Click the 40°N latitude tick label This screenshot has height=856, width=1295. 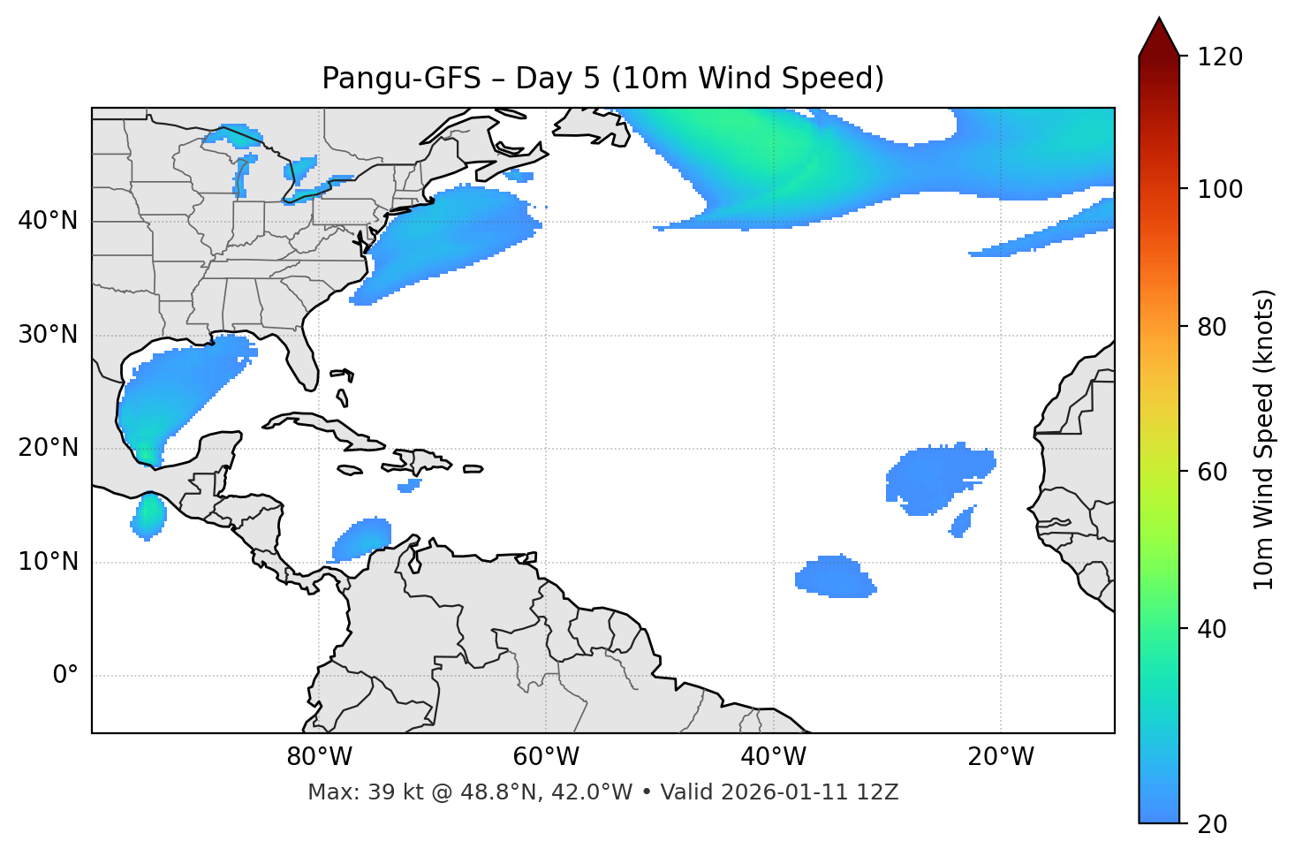(x=48, y=221)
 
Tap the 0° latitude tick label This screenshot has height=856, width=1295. (x=65, y=676)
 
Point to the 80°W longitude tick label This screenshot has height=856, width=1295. (x=319, y=757)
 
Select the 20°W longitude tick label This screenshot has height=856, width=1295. (x=1001, y=757)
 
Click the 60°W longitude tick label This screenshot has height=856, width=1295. (x=546, y=757)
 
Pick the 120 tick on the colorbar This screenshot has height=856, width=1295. (x=1220, y=57)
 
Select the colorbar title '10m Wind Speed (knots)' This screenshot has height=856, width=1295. (x=1264, y=439)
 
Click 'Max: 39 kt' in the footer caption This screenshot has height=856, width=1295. (x=352, y=792)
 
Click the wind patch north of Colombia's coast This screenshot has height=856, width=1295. (x=362, y=538)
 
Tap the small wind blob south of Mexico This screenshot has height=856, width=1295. (x=149, y=516)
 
